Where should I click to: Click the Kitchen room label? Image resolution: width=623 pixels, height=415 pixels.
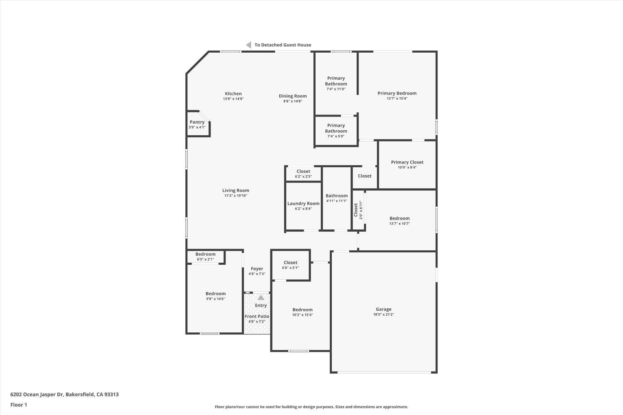click(x=233, y=94)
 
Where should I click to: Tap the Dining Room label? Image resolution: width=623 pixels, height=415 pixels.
click(x=292, y=96)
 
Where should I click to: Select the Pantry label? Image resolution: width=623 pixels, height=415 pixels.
click(x=197, y=122)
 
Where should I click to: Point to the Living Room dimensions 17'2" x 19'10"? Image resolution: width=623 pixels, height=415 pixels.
click(x=235, y=195)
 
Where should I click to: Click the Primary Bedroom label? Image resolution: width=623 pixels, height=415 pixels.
click(x=397, y=93)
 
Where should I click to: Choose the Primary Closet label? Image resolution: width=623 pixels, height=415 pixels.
click(x=407, y=162)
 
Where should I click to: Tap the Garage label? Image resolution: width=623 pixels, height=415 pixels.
click(x=383, y=309)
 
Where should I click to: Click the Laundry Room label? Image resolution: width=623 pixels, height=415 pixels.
click(x=303, y=203)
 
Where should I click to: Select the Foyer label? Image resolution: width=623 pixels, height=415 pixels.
click(x=257, y=269)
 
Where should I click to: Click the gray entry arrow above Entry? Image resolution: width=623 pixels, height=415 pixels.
click(x=260, y=298)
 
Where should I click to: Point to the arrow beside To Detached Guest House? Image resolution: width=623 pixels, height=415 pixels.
click(x=248, y=45)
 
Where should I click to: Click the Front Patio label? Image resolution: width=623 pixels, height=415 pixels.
click(x=257, y=316)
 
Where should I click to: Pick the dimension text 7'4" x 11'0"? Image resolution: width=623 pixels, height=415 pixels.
click(x=336, y=89)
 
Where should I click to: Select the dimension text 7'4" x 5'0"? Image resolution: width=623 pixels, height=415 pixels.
click(x=336, y=136)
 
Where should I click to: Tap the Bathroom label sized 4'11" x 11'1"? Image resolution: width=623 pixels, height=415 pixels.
click(x=336, y=196)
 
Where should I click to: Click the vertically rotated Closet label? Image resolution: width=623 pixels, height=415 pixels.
click(x=356, y=210)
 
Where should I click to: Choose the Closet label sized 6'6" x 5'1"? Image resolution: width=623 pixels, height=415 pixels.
click(x=290, y=263)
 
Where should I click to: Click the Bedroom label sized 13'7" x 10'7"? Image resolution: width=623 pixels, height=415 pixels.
click(x=399, y=218)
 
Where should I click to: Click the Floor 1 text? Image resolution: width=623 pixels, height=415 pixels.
click(x=19, y=405)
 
